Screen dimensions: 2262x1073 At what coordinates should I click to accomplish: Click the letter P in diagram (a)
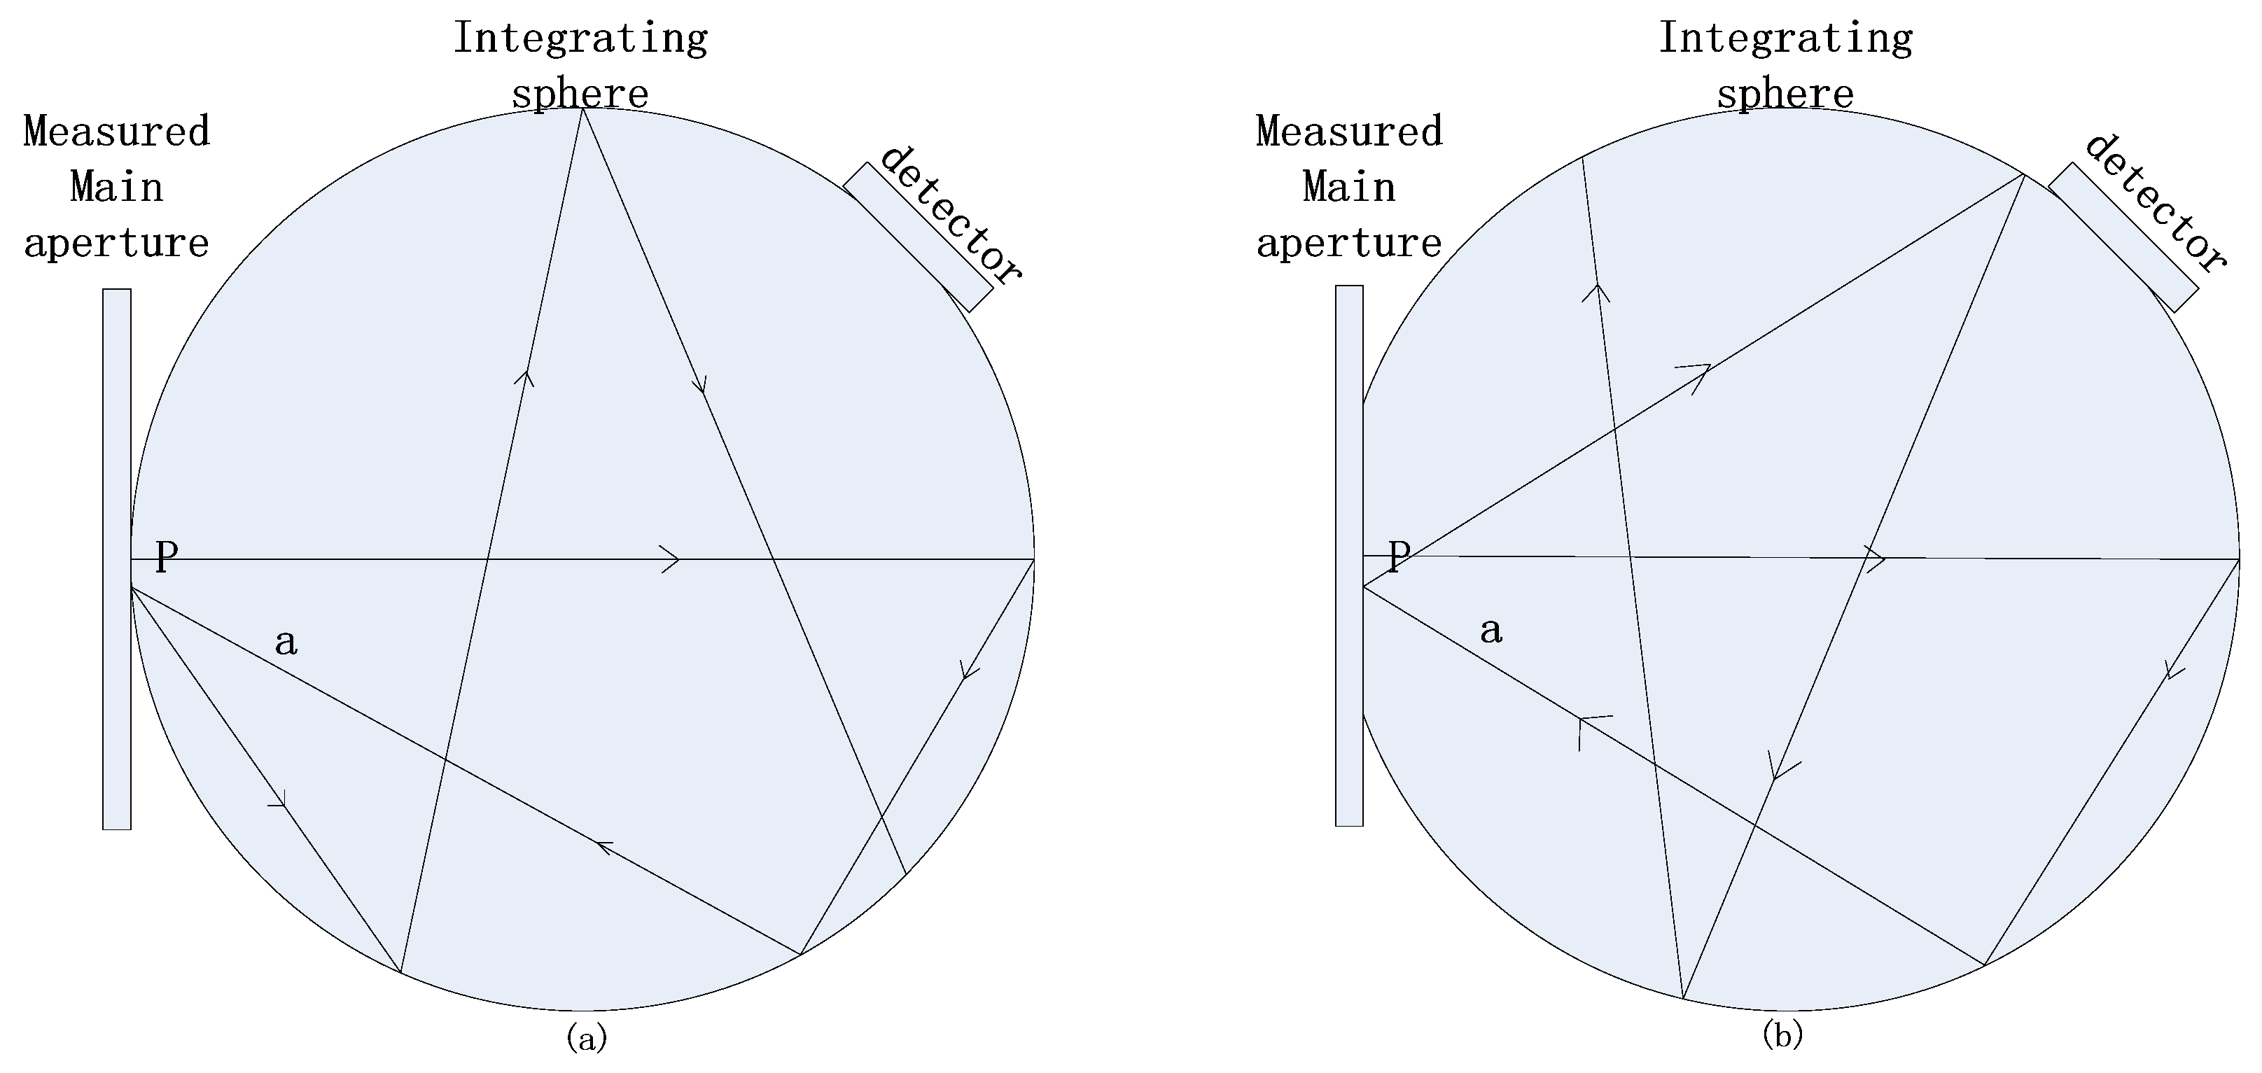167,556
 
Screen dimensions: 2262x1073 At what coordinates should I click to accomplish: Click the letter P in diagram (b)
1399,555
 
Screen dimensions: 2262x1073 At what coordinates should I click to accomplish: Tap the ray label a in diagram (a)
286,643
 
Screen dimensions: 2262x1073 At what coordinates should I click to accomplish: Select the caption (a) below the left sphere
587,1037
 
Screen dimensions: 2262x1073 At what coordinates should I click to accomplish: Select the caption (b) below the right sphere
1782,1035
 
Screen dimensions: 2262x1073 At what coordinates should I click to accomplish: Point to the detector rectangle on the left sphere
918,237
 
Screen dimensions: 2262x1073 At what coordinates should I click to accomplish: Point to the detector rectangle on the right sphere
2123,237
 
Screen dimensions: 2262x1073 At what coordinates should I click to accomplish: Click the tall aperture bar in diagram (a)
117,559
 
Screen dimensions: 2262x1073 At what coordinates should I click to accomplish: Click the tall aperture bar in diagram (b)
1349,555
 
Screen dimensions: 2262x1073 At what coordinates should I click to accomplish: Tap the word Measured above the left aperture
117,132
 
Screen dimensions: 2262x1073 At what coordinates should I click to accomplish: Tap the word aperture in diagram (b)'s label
1349,243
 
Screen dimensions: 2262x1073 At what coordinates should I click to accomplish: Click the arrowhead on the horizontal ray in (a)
671,559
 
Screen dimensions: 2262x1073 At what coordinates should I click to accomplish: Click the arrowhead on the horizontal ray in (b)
1876,559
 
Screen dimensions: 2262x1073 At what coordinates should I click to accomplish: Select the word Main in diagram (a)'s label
117,188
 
